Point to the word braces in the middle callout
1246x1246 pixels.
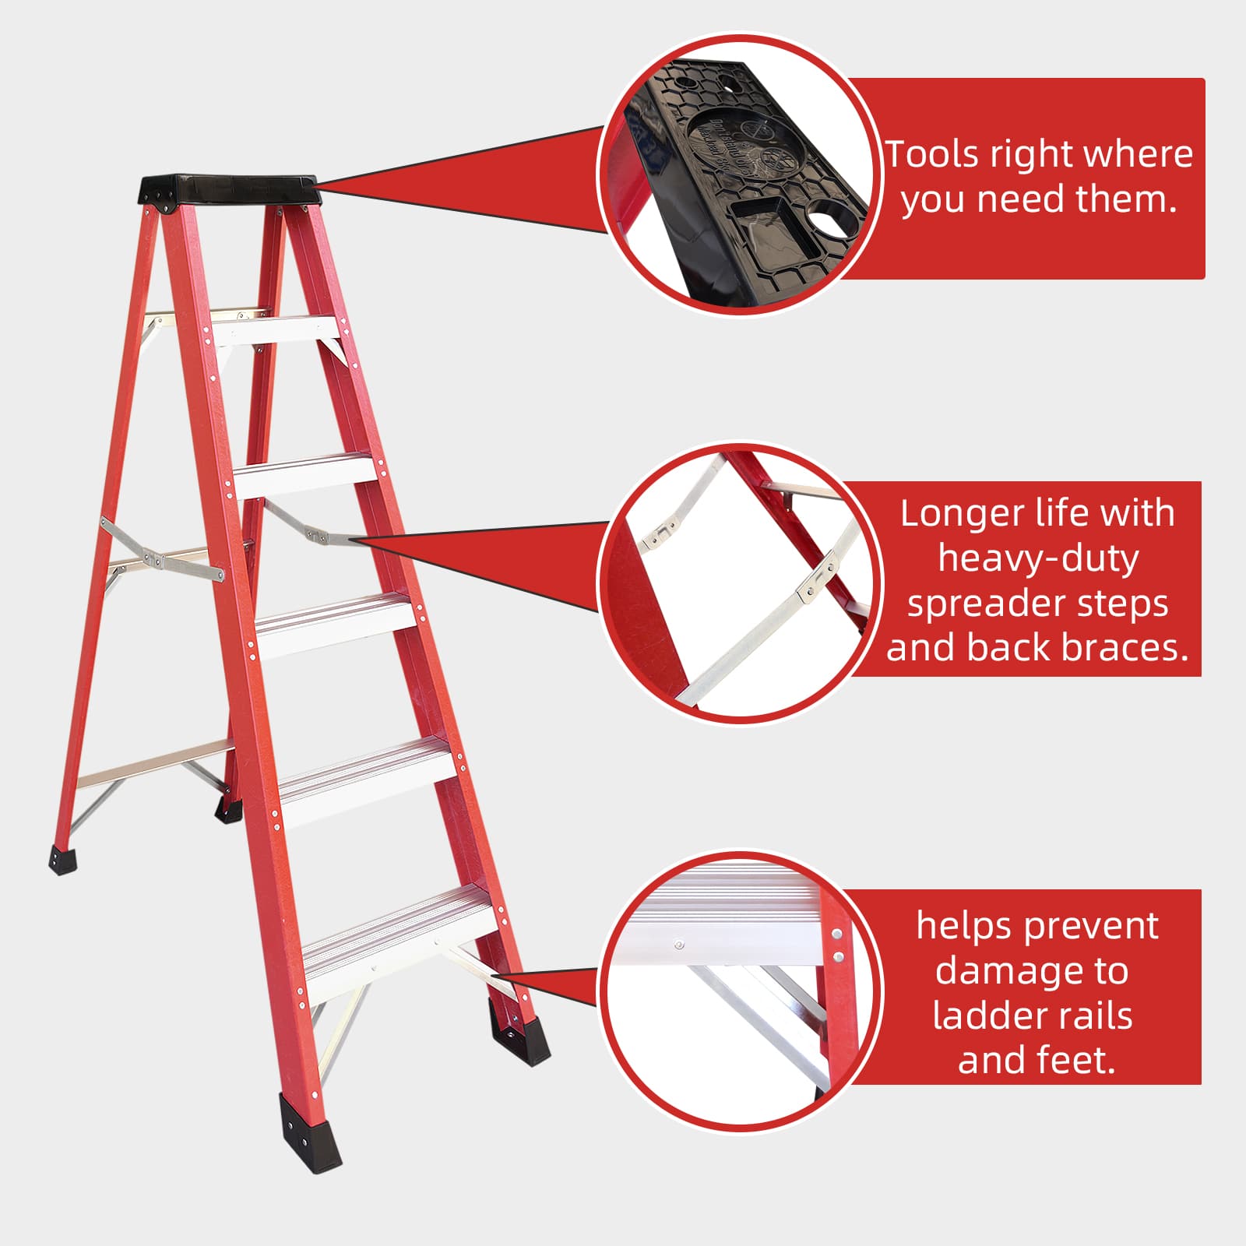[x=1121, y=648]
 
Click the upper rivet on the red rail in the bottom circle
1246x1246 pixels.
[x=837, y=934]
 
